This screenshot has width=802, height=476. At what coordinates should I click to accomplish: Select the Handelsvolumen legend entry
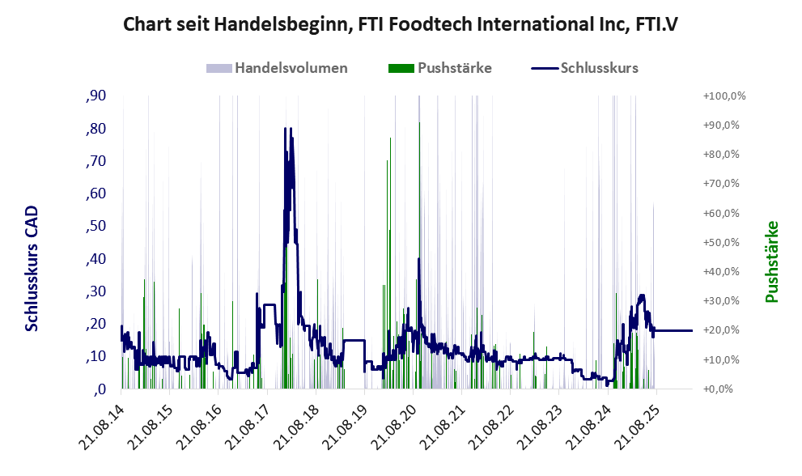coord(277,68)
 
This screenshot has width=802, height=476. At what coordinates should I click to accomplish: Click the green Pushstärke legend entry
coord(440,68)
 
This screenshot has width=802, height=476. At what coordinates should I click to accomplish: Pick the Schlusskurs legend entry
coord(584,68)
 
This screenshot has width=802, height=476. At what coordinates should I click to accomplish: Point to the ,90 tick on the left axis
coord(96,96)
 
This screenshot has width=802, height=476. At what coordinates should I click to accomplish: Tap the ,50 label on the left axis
coord(96,226)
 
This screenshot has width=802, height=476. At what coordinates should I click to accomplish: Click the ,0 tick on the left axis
coord(100,389)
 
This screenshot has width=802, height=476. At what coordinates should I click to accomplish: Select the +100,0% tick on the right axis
coord(724,96)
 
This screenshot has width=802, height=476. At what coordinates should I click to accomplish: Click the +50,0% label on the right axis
coord(721,242)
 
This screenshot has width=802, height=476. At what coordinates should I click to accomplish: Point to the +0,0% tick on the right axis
coord(718,389)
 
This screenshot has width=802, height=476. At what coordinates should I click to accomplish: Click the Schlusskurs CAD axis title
coord(32,268)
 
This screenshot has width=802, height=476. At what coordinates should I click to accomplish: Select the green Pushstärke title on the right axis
coord(771,261)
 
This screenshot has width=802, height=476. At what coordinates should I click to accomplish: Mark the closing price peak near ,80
coord(286,129)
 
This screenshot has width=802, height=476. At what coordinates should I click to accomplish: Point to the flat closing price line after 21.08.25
coord(673,330)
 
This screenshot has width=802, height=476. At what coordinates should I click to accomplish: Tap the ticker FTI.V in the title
coord(656,24)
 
